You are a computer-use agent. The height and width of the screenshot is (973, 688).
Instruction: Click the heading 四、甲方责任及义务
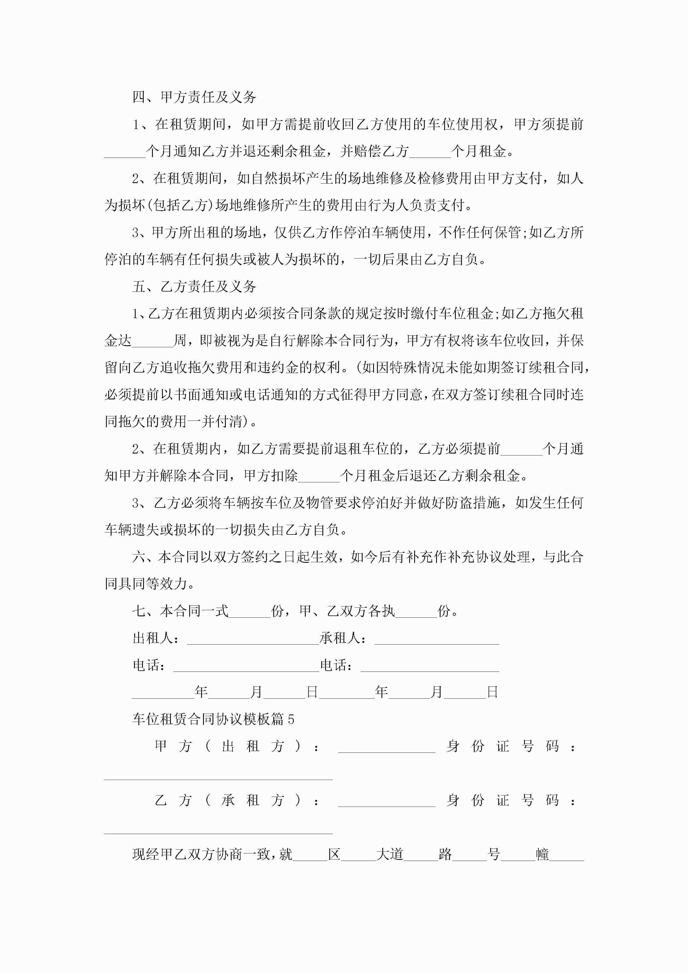pos(194,97)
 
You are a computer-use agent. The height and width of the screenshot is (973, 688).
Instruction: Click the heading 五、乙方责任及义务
pos(194,287)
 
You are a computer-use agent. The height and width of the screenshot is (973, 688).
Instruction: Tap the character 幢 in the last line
pos(542,854)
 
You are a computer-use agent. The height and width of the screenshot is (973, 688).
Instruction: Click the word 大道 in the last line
pos(389,854)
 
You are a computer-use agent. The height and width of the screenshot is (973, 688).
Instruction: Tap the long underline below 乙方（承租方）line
pos(218,833)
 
